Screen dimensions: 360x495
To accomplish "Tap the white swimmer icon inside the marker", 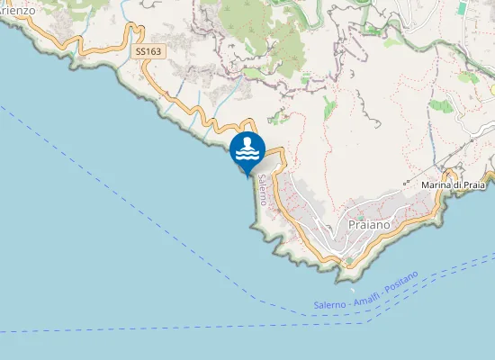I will point(247,148).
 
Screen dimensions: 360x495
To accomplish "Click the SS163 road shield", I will point(148,52).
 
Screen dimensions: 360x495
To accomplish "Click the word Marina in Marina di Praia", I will point(438,184).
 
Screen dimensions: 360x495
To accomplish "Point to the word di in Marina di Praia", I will point(459,184).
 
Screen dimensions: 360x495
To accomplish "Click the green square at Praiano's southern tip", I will point(349,261).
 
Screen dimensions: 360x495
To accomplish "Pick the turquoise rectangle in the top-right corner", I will point(462,7).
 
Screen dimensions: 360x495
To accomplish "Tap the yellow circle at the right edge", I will point(492,90).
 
